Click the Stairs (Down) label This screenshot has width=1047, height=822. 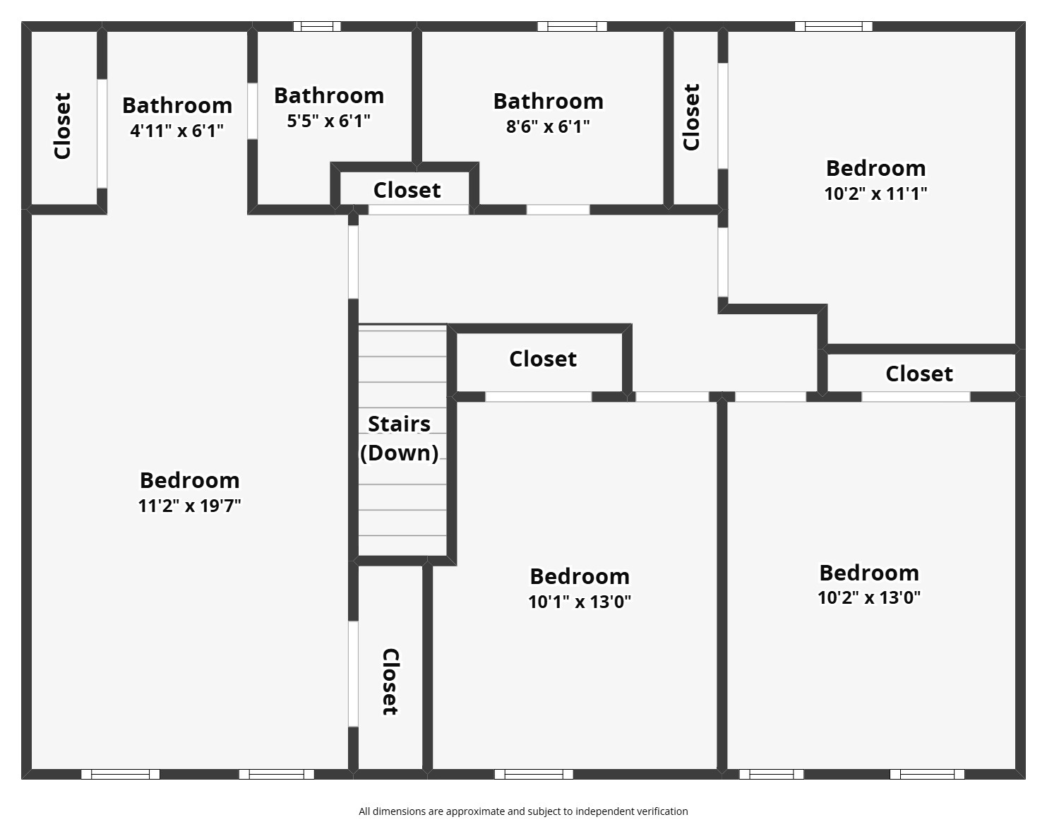click(400, 439)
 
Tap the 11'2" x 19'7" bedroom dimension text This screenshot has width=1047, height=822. click(189, 506)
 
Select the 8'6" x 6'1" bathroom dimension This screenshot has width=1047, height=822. click(548, 127)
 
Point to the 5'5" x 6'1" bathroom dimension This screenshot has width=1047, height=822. click(328, 121)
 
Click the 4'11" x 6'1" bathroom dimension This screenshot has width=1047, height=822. click(177, 131)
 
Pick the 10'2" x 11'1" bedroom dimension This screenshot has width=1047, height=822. click(875, 193)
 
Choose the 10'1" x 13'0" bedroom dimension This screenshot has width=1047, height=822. click(579, 602)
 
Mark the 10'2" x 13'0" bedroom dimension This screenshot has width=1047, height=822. click(868, 597)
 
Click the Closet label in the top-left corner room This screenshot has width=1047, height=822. click(63, 126)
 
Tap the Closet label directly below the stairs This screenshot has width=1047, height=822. click(390, 681)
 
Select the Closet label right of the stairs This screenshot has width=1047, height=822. click(542, 359)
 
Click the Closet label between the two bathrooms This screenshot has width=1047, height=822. click(407, 190)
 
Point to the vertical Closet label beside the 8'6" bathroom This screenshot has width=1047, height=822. click(691, 117)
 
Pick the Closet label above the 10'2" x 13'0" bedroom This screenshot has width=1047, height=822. click(919, 374)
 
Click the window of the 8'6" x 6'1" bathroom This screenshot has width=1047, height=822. click(571, 27)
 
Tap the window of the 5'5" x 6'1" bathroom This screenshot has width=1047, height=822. click(317, 27)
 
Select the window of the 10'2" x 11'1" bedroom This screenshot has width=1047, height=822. click(833, 27)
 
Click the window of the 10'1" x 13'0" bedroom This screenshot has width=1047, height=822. click(533, 774)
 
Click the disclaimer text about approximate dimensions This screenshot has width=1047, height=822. click(523, 811)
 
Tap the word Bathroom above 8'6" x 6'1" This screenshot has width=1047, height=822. click(548, 102)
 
